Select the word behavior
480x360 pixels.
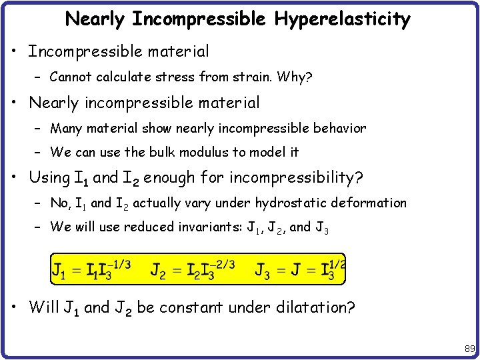pyautogui.click(x=337, y=128)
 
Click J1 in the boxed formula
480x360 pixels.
pyautogui.click(x=59, y=271)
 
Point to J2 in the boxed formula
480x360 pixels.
pyautogui.click(x=158, y=271)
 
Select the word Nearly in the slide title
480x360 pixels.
pyautogui.click(x=94, y=19)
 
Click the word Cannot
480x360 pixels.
pyautogui.click(x=73, y=77)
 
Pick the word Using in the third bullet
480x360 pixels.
pyautogui.click(x=49, y=177)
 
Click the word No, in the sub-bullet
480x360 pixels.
pyautogui.click(x=60, y=203)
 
